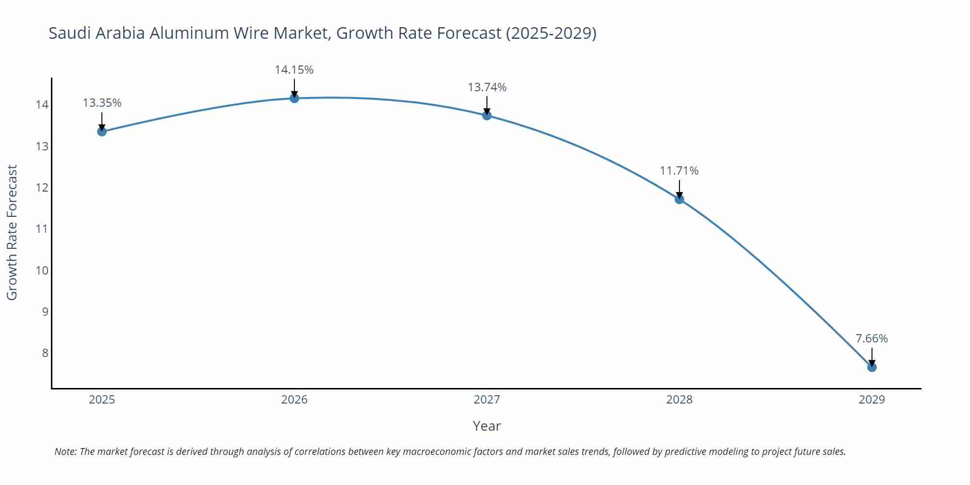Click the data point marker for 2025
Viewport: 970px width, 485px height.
coord(102,131)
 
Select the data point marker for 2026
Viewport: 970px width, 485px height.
coord(294,98)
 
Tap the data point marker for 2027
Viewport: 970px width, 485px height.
coord(487,115)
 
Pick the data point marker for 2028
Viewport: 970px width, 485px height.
coord(679,199)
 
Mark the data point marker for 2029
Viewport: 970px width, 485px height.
coord(872,367)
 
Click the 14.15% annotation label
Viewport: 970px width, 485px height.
coord(294,70)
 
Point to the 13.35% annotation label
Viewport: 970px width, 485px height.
coord(102,103)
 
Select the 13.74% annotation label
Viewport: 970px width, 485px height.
coord(487,87)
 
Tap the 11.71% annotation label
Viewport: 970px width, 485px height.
coord(679,171)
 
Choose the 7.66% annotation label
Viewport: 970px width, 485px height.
coord(872,339)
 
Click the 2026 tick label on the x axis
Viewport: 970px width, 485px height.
coord(294,400)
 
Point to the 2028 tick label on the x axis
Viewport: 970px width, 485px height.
coord(679,400)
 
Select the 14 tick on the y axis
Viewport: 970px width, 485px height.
coord(42,105)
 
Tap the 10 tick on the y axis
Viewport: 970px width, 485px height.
coord(42,270)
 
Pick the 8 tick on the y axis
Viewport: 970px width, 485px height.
coord(45,353)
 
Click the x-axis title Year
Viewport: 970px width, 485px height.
coord(486,426)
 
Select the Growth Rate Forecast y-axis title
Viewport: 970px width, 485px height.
coord(12,232)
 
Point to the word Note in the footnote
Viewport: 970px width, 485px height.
coord(65,452)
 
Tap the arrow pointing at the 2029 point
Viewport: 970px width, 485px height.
coord(872,357)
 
